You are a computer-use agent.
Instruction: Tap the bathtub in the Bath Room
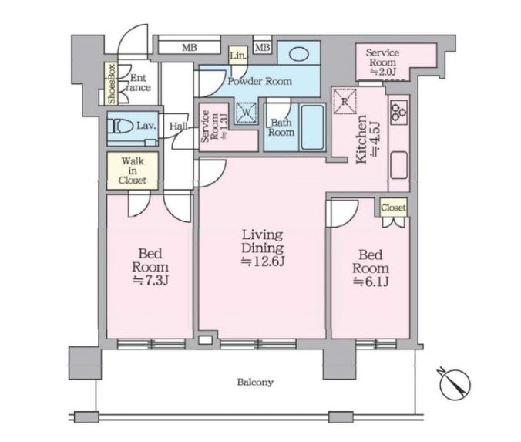click(x=312, y=127)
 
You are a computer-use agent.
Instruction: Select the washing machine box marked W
click(x=246, y=113)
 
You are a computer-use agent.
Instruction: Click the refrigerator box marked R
click(x=345, y=102)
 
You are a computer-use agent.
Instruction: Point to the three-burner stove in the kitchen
click(x=398, y=112)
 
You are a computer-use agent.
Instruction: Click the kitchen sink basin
click(x=399, y=165)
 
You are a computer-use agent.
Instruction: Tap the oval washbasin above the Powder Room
click(x=299, y=54)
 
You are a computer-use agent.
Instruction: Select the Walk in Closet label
click(x=133, y=170)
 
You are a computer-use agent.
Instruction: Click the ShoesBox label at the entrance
click(x=111, y=83)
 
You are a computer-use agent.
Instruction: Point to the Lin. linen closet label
click(x=238, y=56)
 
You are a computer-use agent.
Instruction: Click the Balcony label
click(x=255, y=382)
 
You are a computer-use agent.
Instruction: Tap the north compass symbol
click(x=455, y=383)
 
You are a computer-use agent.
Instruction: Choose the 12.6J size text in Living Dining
click(x=263, y=261)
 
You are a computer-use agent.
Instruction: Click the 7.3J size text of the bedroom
click(x=150, y=280)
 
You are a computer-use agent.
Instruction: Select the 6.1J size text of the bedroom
click(x=371, y=282)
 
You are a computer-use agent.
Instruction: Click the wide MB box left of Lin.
click(x=190, y=48)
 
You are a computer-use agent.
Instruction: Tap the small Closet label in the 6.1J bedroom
click(x=393, y=208)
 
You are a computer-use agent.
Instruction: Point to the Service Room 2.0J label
click(x=382, y=62)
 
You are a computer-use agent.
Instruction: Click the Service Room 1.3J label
click(x=213, y=127)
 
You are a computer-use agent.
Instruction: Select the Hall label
click(x=178, y=126)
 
